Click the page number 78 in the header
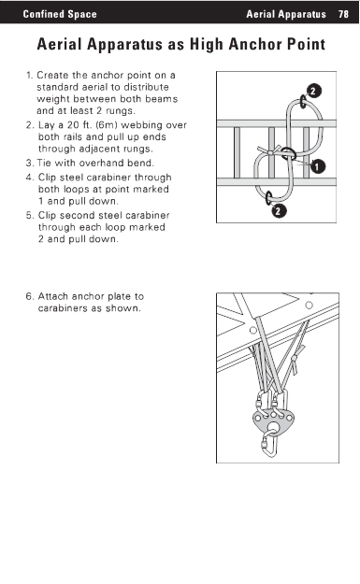tap(343, 14)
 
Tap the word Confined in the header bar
tap(38, 14)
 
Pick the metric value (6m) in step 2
tap(107, 125)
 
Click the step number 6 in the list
tap(29, 296)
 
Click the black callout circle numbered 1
tap(317, 166)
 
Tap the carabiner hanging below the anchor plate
tap(270, 444)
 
